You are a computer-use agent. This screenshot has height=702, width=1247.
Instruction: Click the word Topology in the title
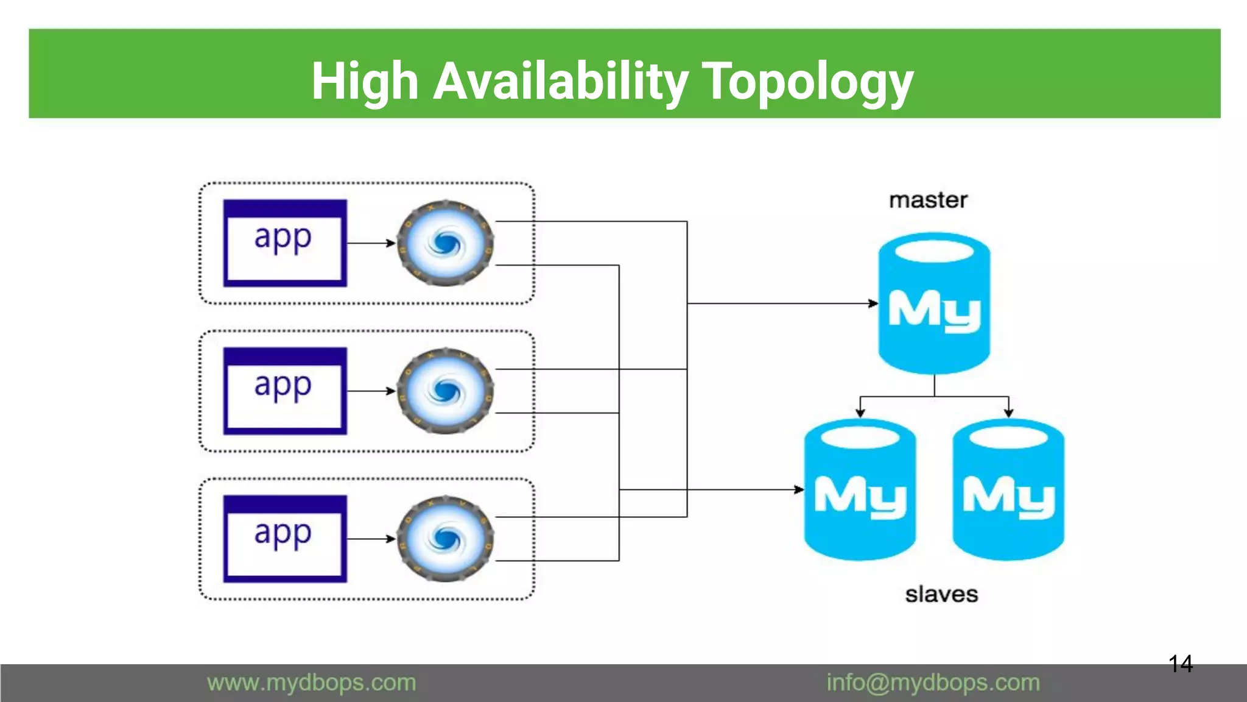pyautogui.click(x=807, y=82)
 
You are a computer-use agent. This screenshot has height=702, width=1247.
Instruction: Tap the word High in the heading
pyautogui.click(x=365, y=82)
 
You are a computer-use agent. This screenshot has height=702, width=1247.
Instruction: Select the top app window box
pyautogui.click(x=285, y=243)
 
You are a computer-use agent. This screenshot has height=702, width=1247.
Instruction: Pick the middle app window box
pyautogui.click(x=285, y=391)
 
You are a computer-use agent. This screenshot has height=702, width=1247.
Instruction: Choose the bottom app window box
pyautogui.click(x=285, y=539)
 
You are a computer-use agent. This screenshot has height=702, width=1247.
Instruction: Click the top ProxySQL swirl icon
pyautogui.click(x=445, y=243)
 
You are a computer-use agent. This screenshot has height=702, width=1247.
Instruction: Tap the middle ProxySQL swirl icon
pyautogui.click(x=445, y=391)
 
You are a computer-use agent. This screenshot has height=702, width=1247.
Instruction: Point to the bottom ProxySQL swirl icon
pyautogui.click(x=445, y=539)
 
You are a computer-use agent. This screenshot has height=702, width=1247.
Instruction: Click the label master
pyautogui.click(x=928, y=200)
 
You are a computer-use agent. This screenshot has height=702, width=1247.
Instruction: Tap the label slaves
pyautogui.click(x=941, y=594)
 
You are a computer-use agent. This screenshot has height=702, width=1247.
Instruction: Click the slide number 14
pyautogui.click(x=1181, y=664)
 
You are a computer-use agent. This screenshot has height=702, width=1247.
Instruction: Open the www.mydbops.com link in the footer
pyautogui.click(x=311, y=682)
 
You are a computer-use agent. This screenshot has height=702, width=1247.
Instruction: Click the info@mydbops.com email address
pyautogui.click(x=933, y=682)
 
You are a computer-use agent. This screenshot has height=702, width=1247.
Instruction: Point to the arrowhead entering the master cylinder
pyautogui.click(x=873, y=303)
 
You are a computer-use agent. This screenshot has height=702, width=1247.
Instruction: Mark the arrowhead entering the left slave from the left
pyautogui.click(x=799, y=489)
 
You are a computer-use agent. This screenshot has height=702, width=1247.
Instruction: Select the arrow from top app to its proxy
pyautogui.click(x=371, y=243)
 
